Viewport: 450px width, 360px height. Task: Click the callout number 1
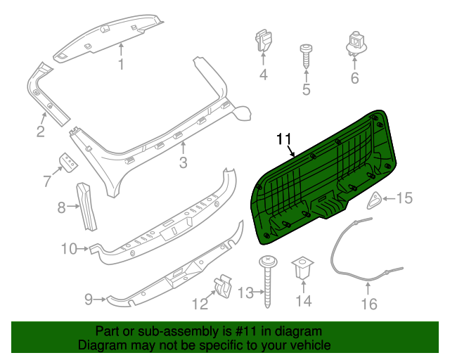[120, 65]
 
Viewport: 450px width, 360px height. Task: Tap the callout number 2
[41, 131]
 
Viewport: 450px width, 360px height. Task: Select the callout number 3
[183, 163]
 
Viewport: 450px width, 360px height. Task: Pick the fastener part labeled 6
[354, 43]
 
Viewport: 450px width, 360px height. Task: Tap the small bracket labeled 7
[69, 162]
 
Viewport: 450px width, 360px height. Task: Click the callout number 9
[89, 300]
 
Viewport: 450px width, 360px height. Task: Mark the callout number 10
[69, 248]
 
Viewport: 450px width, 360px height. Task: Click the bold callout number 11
[284, 139]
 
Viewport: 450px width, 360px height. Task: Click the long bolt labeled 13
[268, 281]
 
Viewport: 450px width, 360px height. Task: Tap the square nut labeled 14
[304, 267]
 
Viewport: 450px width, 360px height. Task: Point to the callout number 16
[369, 304]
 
